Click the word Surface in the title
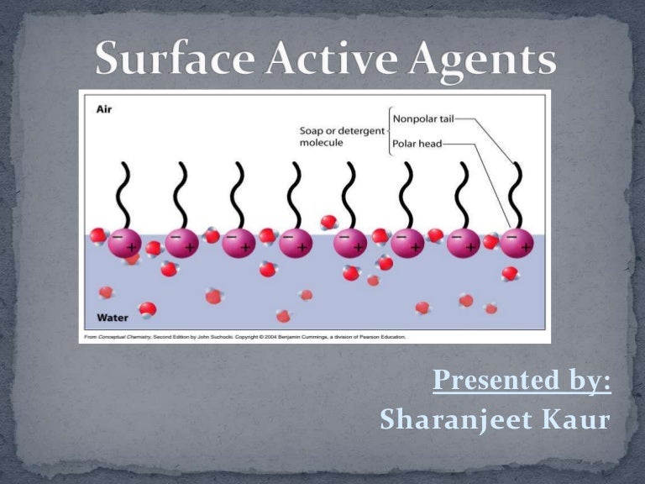point(168,61)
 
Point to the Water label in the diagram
point(112,318)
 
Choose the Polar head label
point(417,144)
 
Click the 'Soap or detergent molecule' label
point(342,136)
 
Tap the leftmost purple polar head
point(124,242)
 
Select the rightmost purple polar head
point(517,242)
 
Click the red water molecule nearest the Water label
point(148,309)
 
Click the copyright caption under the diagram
point(244,337)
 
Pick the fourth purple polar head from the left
point(296,242)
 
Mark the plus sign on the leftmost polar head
point(132,247)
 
